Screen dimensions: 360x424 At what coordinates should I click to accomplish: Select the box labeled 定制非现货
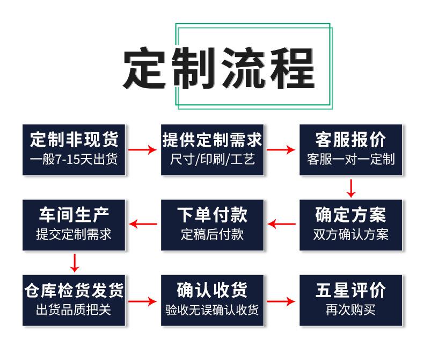74,149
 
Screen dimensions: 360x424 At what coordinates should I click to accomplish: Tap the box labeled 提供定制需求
213,149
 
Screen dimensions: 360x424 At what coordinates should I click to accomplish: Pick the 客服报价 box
350,149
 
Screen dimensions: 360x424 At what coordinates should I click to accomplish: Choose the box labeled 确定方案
350,225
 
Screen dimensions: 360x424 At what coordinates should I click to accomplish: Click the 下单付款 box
213,225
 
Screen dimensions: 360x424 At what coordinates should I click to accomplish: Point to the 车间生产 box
74,225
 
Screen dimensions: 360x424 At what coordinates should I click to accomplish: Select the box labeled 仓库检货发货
74,300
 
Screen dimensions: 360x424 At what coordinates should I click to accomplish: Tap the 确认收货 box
213,300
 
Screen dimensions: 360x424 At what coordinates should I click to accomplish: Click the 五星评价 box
350,300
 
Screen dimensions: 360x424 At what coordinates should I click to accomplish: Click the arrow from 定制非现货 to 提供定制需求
143,149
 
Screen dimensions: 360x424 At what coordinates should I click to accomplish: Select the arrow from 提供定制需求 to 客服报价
281,149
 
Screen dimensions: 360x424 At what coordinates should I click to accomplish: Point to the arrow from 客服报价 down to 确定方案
351,188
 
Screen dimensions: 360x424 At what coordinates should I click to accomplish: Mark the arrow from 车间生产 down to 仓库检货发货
75,263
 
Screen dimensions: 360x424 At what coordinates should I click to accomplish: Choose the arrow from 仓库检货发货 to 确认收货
143,301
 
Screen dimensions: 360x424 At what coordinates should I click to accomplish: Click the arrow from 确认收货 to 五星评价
281,301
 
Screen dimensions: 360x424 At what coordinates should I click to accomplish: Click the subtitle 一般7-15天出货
74,160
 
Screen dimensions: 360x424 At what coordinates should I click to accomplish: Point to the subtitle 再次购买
350,310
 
